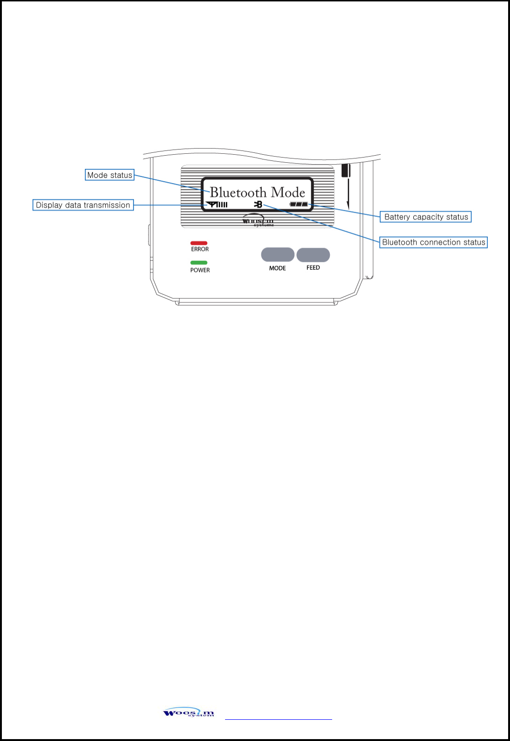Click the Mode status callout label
[109, 175]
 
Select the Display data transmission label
[83, 205]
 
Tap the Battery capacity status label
[426, 217]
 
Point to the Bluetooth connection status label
[433, 242]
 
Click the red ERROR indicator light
[199, 243]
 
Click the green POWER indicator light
[199, 263]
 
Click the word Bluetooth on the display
[238, 192]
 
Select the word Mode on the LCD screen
[288, 192]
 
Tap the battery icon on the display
[299, 205]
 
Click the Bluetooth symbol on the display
[258, 204]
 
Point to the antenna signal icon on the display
[217, 204]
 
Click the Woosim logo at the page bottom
[189, 713]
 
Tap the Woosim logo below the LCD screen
[258, 221]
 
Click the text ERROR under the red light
[200, 249]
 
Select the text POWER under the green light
[200, 270]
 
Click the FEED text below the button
[313, 267]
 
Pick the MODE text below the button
[277, 268]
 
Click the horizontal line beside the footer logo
[278, 719]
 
